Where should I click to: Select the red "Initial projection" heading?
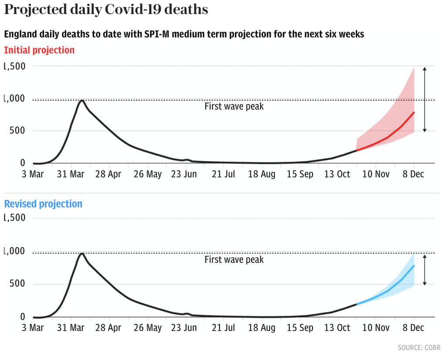point(39,50)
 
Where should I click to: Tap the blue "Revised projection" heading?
point(43,204)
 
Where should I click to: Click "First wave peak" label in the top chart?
point(234,106)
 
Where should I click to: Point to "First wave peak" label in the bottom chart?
point(234,260)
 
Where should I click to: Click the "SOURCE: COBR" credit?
point(419,347)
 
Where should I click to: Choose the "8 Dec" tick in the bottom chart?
point(413,328)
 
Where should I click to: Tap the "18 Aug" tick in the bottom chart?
point(262,328)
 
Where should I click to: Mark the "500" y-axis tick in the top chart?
point(17,131)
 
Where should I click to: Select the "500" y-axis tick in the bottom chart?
point(17,284)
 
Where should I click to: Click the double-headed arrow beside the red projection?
point(425,99)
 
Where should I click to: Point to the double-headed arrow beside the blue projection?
point(425,270)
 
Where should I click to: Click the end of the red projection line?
point(414,112)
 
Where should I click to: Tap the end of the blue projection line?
point(414,265)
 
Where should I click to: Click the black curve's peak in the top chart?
point(81,100)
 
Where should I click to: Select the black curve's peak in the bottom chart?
point(81,253)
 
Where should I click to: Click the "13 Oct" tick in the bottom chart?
point(338,328)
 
